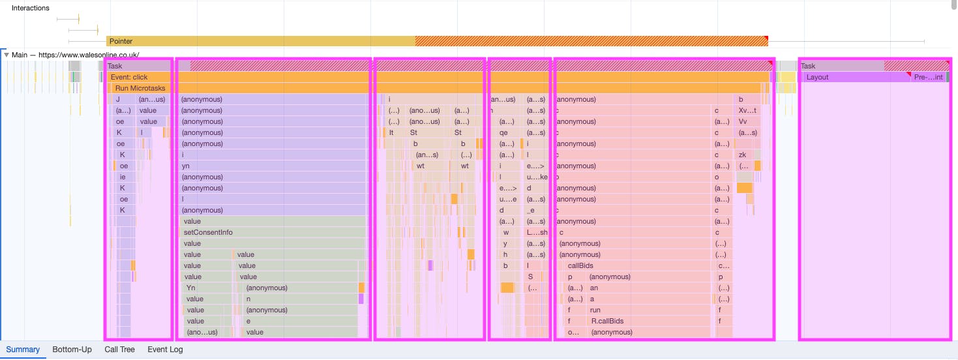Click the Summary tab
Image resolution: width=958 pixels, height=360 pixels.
click(23, 350)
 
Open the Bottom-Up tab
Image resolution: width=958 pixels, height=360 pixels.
click(72, 350)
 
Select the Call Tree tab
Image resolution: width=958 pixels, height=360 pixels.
click(119, 350)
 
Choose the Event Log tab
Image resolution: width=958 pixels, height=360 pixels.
click(165, 350)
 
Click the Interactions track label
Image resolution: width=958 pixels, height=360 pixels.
click(30, 8)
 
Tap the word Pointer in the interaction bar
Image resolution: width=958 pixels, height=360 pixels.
click(121, 41)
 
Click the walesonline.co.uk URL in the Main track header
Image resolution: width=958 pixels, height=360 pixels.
click(89, 55)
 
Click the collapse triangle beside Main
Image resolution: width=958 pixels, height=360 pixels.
click(7, 55)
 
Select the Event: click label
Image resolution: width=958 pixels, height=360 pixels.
click(129, 77)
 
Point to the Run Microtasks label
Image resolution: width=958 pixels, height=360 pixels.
click(140, 88)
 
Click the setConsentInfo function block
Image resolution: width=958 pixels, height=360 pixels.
click(208, 232)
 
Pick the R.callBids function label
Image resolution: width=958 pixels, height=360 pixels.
click(607, 321)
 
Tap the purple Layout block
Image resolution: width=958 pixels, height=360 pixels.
click(817, 77)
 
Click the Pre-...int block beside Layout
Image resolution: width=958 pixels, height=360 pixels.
click(928, 77)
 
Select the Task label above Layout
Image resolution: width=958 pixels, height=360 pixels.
click(808, 66)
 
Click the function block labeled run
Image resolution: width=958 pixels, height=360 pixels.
click(595, 310)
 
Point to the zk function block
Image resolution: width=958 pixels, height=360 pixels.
click(741, 155)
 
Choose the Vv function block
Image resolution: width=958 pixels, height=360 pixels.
click(742, 121)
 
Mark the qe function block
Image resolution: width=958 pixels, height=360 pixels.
click(503, 132)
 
